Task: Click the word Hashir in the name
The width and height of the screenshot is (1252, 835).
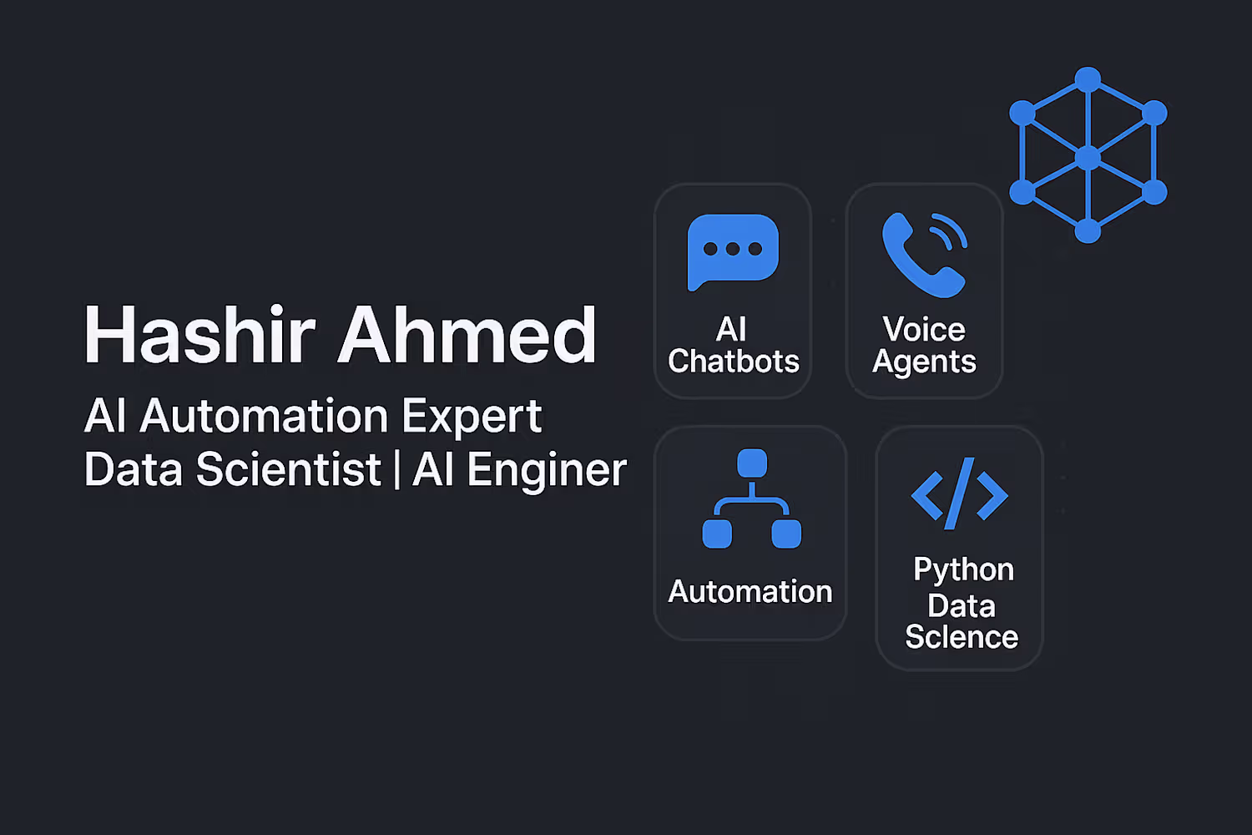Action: pos(200,335)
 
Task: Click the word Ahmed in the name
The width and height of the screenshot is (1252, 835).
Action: pos(467,335)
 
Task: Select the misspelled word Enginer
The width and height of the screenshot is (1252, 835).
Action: pos(547,471)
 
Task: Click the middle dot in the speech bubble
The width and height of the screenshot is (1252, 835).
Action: pos(733,249)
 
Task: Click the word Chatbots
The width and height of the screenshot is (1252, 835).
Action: pos(734,362)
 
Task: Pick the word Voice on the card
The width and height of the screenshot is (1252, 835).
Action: pos(924,329)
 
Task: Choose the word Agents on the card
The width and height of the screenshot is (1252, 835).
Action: pos(924,362)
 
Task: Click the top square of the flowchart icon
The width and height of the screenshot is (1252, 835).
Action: pos(752,463)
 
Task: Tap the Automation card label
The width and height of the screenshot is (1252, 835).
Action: pos(750,591)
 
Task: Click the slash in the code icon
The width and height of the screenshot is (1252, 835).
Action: pos(960,493)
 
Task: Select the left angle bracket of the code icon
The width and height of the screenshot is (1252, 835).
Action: pos(927,495)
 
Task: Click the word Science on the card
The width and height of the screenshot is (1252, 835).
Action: pos(962,637)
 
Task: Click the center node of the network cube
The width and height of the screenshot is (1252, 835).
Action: pos(1088,159)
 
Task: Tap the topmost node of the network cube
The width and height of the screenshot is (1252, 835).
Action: pos(1088,79)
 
